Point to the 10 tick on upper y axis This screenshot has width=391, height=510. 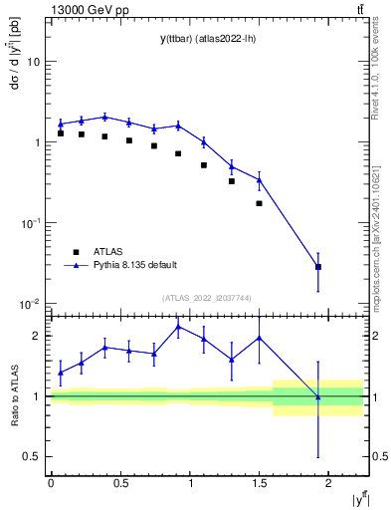(x=34, y=62)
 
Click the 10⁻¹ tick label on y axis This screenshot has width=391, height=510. (x=30, y=223)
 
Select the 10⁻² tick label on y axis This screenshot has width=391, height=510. (x=30, y=304)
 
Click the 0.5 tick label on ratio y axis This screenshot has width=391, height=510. (x=33, y=457)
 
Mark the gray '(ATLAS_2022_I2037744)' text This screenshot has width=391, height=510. (x=206, y=298)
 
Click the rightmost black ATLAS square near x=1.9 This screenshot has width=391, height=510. (x=318, y=267)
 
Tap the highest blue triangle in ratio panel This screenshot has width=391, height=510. (x=178, y=327)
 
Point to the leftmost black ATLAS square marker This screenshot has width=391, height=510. (x=61, y=133)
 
